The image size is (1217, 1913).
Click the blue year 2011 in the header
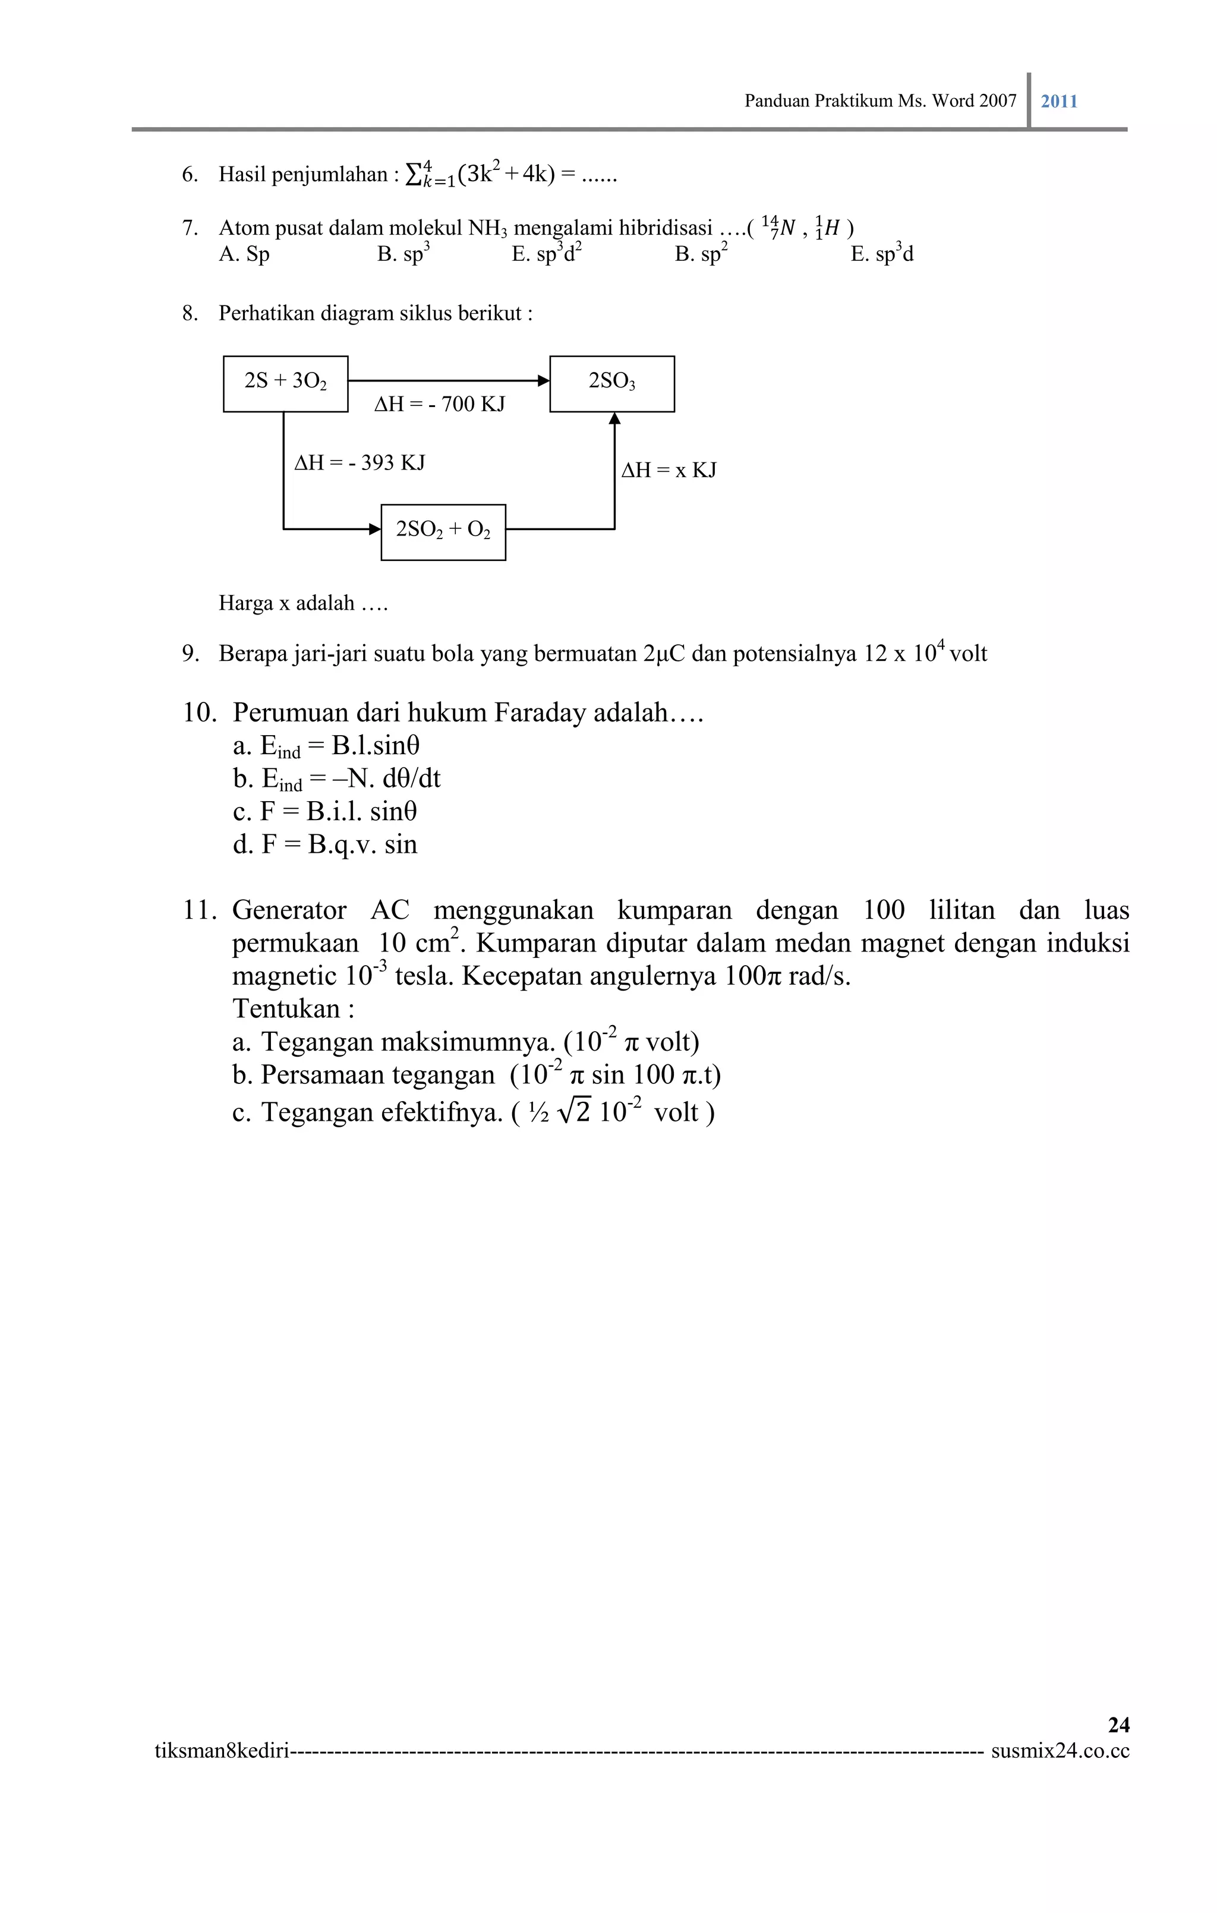click(x=1059, y=101)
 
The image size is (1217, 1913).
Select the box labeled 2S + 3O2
click(x=285, y=384)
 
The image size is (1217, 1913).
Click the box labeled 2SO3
click(x=611, y=384)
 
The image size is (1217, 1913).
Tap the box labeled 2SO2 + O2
click(x=443, y=531)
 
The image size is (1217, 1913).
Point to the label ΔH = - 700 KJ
click(x=439, y=404)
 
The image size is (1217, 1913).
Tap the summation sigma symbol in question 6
click(x=414, y=174)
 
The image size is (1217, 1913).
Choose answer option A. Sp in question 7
click(x=244, y=254)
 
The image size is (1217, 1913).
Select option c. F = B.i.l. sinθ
click(x=325, y=811)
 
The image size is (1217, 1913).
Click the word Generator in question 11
click(x=289, y=910)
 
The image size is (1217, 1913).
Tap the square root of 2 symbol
click(x=575, y=1111)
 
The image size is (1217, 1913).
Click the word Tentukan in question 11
click(x=286, y=1009)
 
